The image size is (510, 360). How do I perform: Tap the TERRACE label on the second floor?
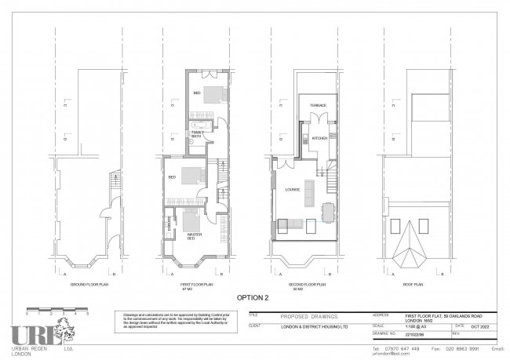coord(318,105)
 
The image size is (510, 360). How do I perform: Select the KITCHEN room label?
coord(319,138)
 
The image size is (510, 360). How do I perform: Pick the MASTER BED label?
coord(191,236)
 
